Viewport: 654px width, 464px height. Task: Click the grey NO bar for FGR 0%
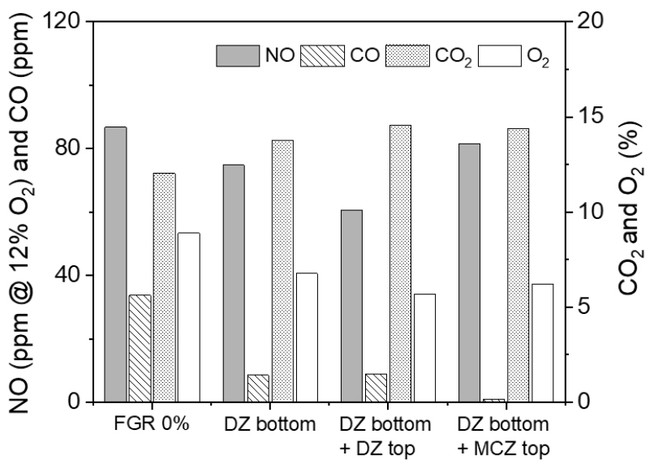click(115, 264)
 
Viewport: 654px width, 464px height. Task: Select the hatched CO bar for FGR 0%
click(140, 348)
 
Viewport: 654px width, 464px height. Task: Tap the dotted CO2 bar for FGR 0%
click(165, 287)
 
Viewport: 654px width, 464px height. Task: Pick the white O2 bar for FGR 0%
click(189, 317)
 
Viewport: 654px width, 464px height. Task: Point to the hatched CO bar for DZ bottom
click(258, 388)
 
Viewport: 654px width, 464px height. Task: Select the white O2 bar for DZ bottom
click(307, 337)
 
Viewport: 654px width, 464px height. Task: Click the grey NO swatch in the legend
click(236, 56)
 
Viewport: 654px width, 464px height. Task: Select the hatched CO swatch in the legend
click(322, 56)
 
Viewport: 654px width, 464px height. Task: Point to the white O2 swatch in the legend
click(499, 56)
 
